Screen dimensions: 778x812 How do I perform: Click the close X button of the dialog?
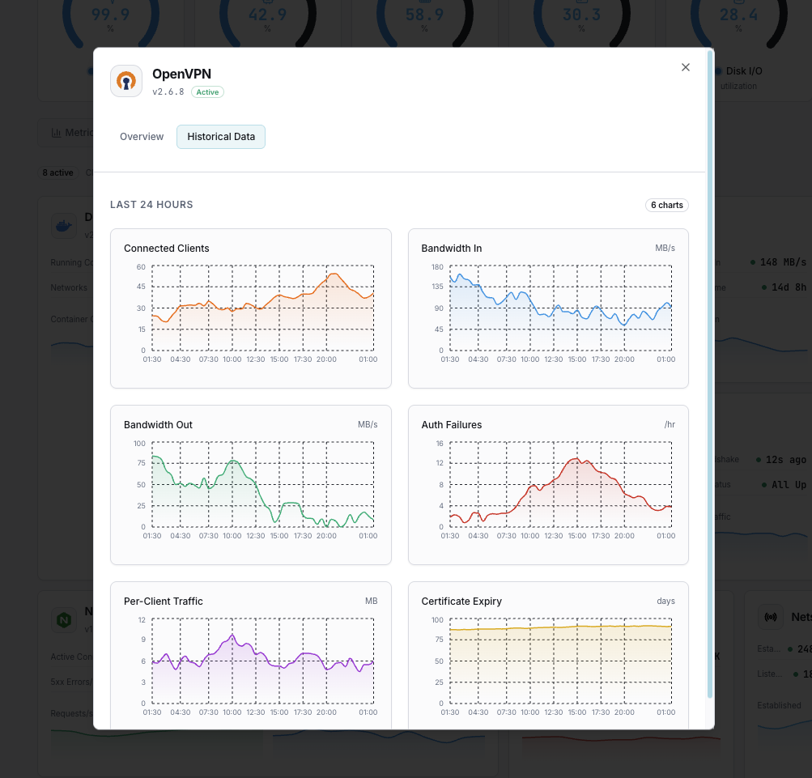pos(686,67)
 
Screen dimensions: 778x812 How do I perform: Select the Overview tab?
pos(142,137)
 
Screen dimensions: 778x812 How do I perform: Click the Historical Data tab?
pos(221,137)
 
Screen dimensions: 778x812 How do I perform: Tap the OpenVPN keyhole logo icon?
pos(126,81)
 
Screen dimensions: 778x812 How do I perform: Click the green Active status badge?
pos(207,92)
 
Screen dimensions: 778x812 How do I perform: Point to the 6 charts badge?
pos(666,205)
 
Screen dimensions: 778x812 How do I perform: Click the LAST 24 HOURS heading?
pos(151,205)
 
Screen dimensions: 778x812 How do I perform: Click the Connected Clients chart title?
pos(166,249)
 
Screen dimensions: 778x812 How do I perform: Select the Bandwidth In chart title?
pos(451,249)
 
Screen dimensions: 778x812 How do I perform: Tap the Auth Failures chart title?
pos(451,425)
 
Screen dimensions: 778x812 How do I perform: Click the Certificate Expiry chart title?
pos(461,602)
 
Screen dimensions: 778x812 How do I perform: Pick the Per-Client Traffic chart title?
pos(163,602)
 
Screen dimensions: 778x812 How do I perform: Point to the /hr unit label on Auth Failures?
pos(669,425)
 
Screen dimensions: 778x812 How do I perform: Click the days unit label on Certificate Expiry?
pos(665,602)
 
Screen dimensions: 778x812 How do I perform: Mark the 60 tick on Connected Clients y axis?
pos(140,266)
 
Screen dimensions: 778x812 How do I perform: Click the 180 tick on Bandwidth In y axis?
pos(436,266)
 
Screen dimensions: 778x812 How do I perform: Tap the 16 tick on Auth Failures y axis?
pos(439,443)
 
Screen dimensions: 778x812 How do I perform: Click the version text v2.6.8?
pos(168,92)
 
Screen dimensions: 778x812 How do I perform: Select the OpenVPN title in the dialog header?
pos(181,74)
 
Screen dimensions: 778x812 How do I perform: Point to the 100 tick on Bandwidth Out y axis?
pos(139,443)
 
